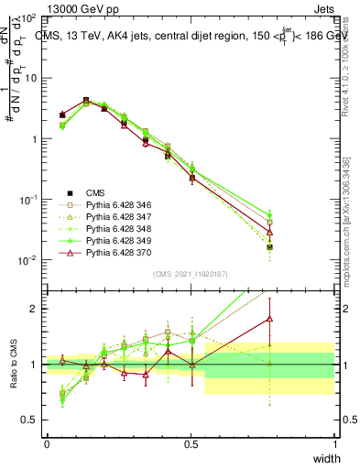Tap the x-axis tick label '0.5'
(x=191, y=444)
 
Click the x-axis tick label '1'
(x=334, y=444)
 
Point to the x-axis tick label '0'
(x=47, y=444)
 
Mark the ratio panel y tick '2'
(x=36, y=309)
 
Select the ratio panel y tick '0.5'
(x=32, y=420)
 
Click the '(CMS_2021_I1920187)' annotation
(x=191, y=272)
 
